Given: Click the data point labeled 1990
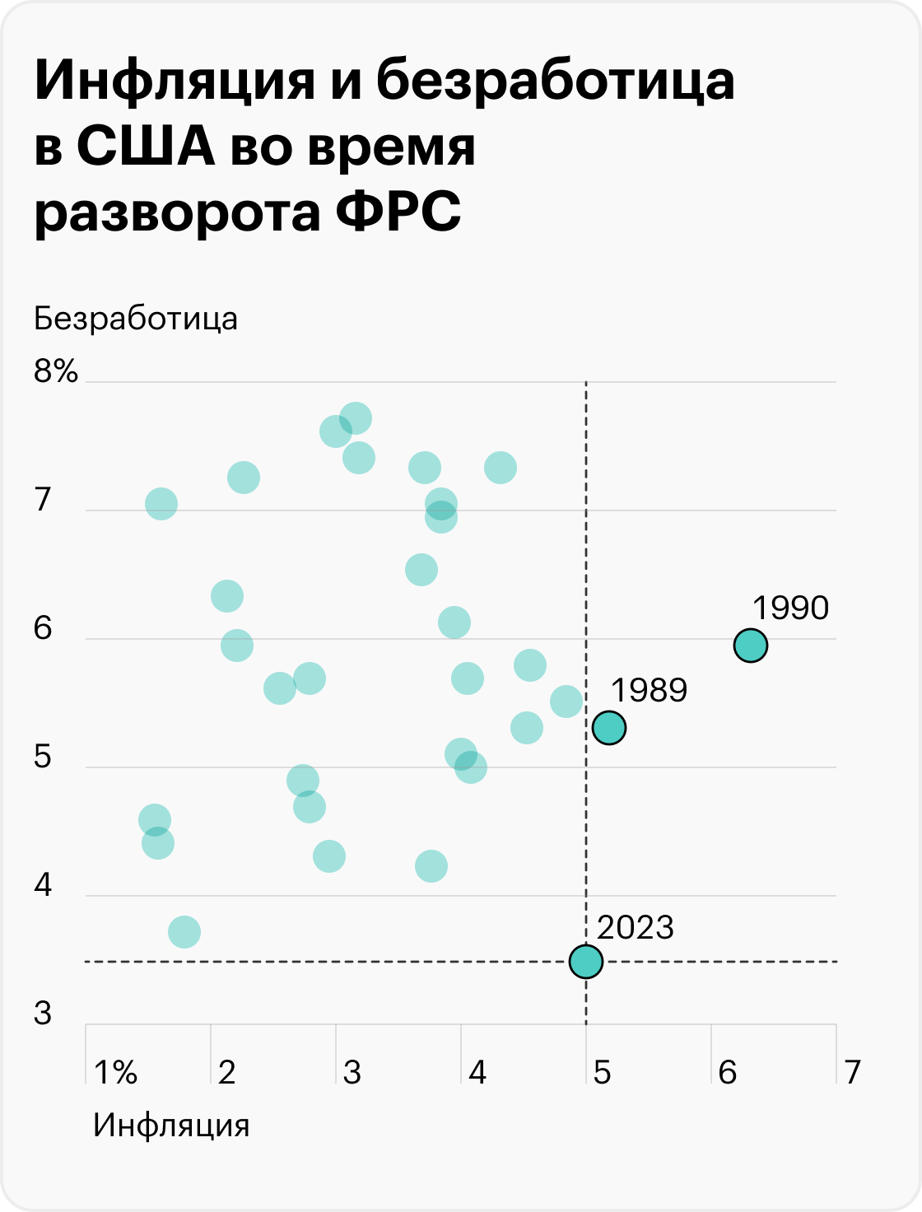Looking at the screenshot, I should (x=750, y=646).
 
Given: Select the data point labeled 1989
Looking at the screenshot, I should (x=608, y=728).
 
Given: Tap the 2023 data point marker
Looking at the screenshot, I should (x=585, y=961).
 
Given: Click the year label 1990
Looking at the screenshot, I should (x=790, y=608).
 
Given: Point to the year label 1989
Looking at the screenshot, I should (x=649, y=690).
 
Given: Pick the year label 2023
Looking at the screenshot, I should (x=635, y=928).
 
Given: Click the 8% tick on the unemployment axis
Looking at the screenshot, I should (x=56, y=372).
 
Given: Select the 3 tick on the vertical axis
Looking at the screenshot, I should (x=43, y=1014).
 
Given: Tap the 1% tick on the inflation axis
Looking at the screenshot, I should (x=116, y=1073).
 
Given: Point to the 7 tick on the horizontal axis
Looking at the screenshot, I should (x=852, y=1073).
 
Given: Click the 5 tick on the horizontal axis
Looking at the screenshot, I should (x=602, y=1073).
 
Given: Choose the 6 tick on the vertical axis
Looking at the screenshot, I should (x=43, y=629).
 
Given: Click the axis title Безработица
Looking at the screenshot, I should (x=136, y=319).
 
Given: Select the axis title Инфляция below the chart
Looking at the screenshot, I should (x=171, y=1125).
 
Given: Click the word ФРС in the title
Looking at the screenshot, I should (x=398, y=212).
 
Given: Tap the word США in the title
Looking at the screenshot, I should (x=146, y=148).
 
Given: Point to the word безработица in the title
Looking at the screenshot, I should (x=555, y=83).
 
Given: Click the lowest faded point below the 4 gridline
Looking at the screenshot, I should (x=184, y=932).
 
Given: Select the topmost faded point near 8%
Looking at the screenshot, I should (x=355, y=418).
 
